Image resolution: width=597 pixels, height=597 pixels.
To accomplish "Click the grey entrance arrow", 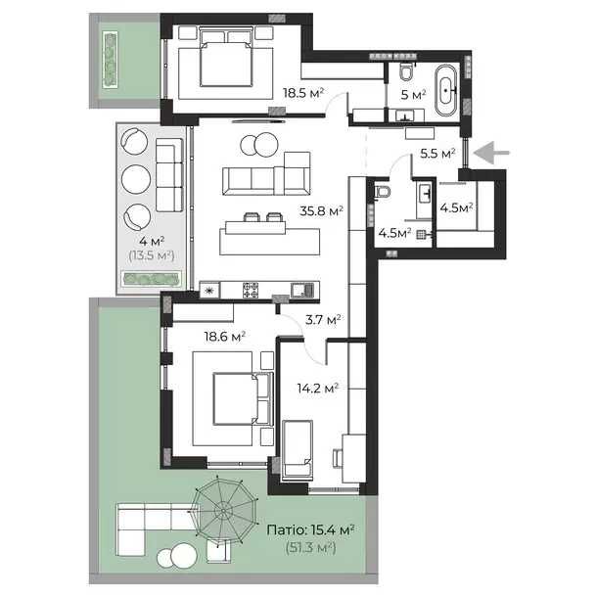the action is click(x=491, y=153).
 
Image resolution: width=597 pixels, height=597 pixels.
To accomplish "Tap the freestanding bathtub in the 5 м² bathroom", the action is click(x=446, y=91).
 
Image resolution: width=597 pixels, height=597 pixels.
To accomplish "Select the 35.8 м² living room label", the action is click(x=321, y=211).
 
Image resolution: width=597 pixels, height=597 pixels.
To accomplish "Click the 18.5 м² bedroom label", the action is click(x=303, y=93).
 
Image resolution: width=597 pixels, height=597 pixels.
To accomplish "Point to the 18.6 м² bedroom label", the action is click(x=224, y=337).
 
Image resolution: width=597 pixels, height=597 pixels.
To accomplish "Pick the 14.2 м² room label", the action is click(x=318, y=389).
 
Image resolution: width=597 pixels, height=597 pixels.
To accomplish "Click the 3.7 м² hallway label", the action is click(x=323, y=320).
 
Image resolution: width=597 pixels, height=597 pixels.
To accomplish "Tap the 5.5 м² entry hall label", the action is click(x=437, y=154).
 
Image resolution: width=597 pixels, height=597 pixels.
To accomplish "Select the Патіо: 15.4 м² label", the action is click(x=311, y=530).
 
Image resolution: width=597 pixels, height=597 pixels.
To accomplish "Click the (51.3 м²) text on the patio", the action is click(x=310, y=548).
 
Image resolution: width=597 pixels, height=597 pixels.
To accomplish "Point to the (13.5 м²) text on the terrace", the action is click(x=152, y=255).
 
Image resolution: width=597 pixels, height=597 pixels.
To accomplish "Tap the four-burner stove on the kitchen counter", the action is click(x=251, y=290).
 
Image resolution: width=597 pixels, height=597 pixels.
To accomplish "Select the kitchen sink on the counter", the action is click(x=302, y=291).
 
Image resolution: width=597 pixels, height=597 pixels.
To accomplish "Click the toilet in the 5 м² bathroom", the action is click(x=406, y=71).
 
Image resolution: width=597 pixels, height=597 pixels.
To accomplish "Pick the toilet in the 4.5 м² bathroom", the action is click(x=382, y=192).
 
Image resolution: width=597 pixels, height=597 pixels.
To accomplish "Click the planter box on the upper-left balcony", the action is click(x=110, y=60).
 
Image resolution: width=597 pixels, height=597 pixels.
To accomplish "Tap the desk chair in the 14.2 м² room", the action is click(x=338, y=458).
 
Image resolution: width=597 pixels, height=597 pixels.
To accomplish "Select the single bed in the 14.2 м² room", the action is click(x=298, y=448).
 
